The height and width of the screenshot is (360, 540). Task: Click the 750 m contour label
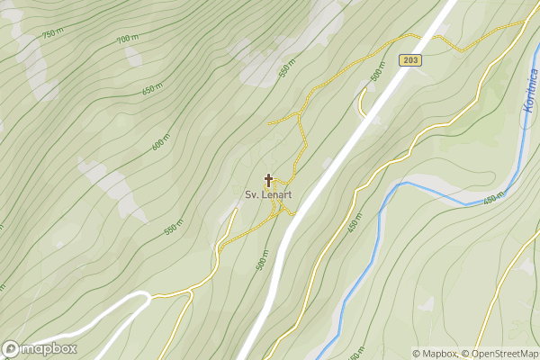[x=53, y=32]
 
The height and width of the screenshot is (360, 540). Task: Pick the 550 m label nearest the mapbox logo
[x=174, y=228]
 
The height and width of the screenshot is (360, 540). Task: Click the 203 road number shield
[x=409, y=59]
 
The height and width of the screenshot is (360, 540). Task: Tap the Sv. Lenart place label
[x=268, y=194]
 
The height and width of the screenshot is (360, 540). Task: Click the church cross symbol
[x=268, y=180]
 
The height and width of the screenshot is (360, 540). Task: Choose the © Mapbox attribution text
[x=435, y=354]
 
